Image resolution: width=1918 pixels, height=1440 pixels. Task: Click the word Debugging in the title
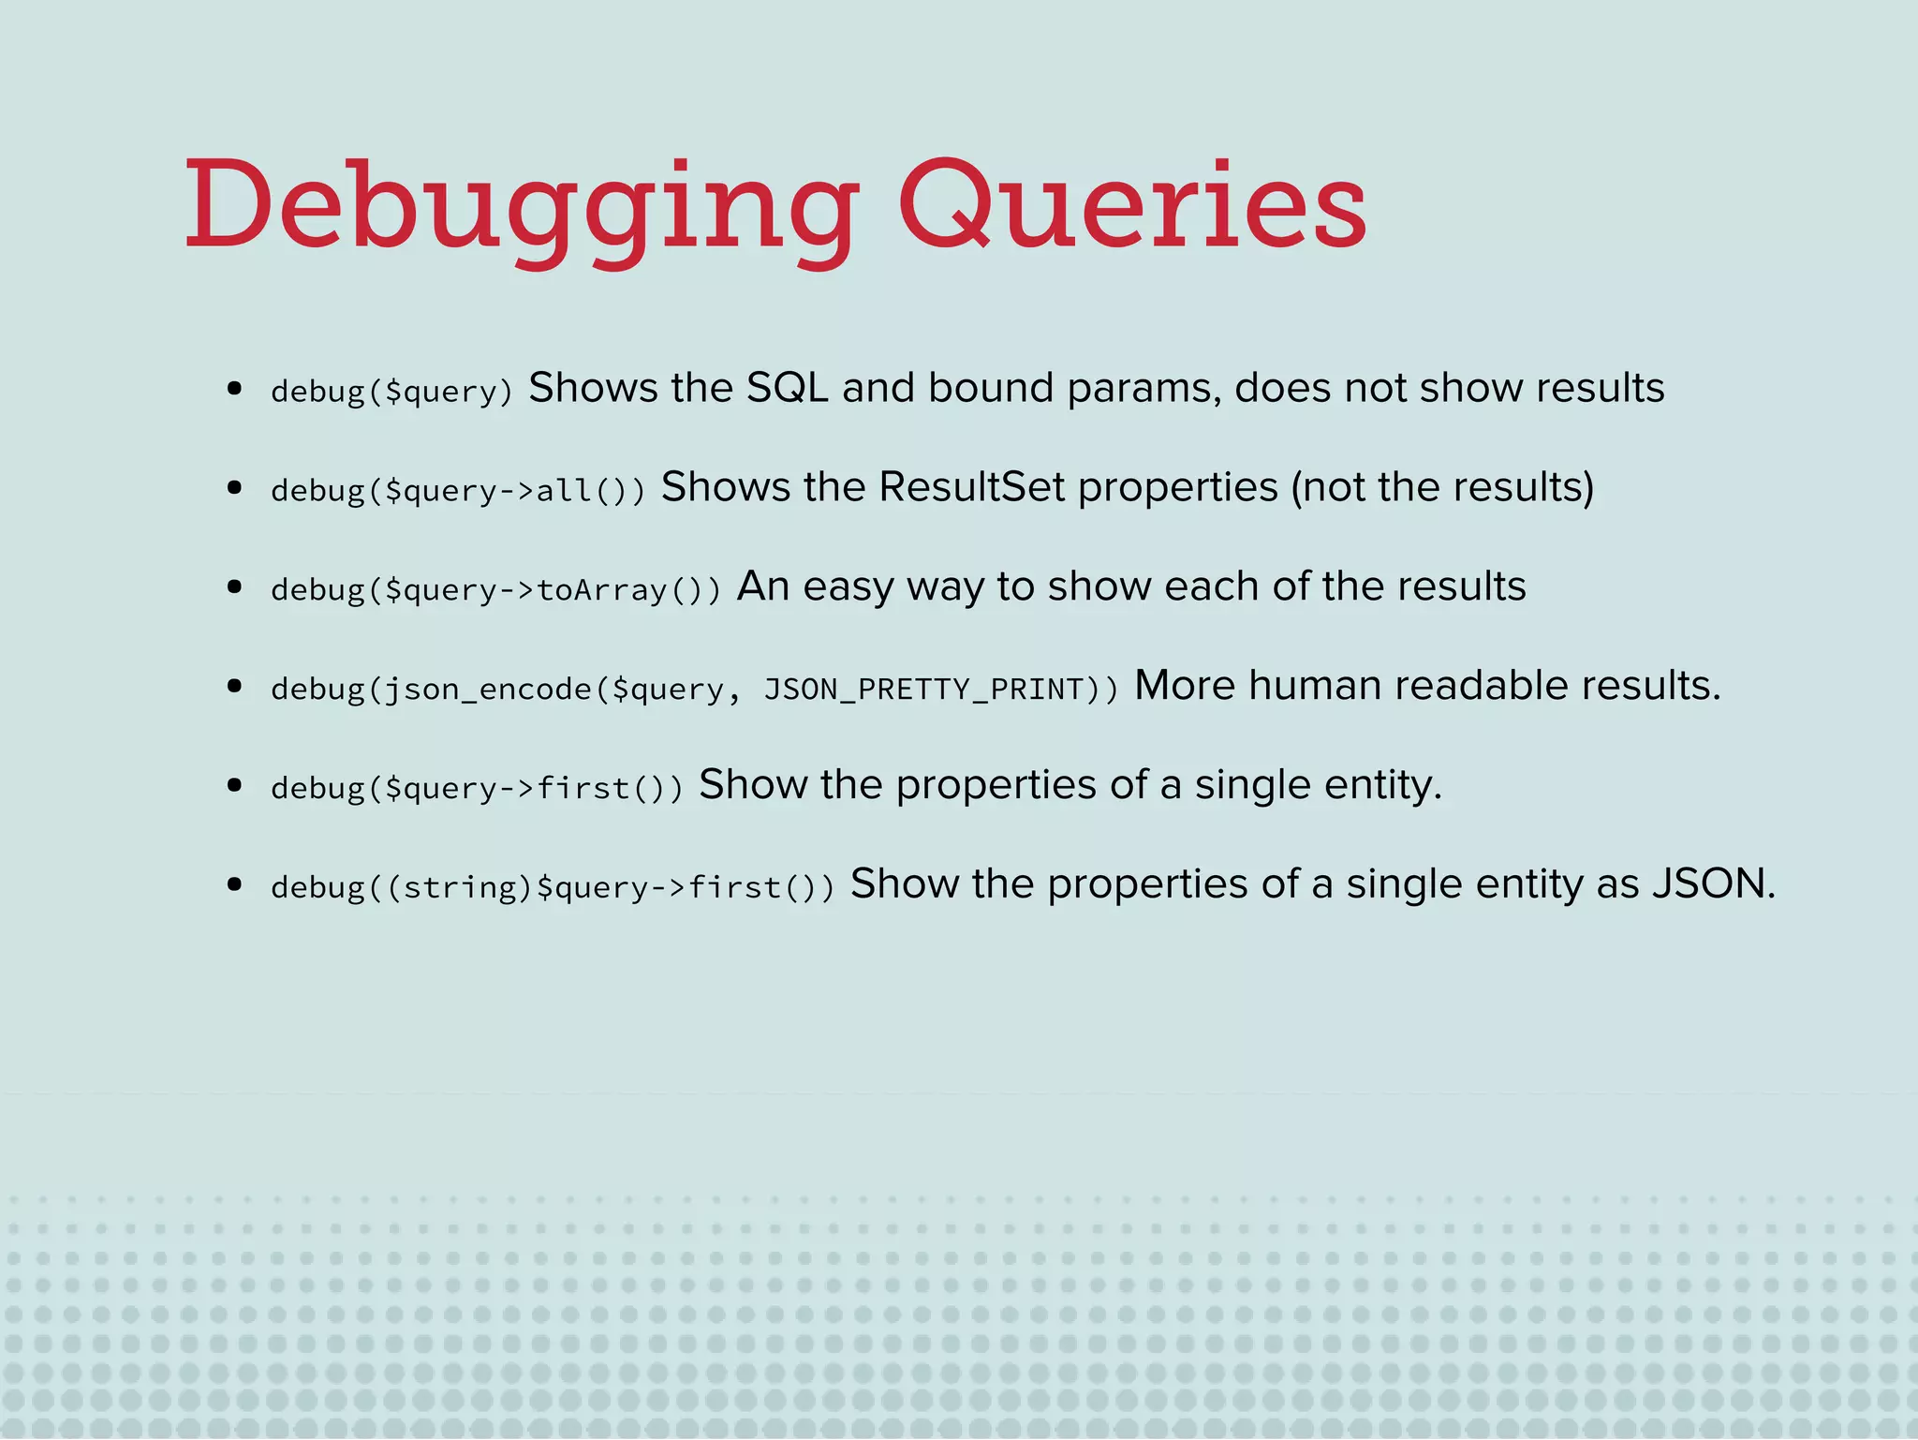coord(521,208)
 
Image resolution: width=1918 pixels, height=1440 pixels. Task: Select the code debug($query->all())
coord(458,490)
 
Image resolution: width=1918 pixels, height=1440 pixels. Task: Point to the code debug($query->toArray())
coord(496,589)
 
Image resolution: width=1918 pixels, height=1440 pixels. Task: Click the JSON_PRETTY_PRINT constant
coord(923,689)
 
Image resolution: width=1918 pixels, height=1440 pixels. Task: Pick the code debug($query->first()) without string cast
coord(477,788)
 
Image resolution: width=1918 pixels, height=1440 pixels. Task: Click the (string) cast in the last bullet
coord(460,887)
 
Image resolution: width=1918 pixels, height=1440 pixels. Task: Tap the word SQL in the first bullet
coord(787,388)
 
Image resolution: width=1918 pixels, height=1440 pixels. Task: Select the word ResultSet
coord(971,487)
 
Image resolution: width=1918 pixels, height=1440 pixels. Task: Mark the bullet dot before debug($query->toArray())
coord(235,587)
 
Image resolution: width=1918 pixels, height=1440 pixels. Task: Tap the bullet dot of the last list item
coord(235,884)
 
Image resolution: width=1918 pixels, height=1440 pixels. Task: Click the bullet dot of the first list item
coord(235,388)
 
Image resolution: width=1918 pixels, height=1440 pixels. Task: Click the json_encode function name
coord(488,690)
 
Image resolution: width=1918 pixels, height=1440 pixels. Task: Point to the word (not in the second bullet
coord(1327,487)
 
